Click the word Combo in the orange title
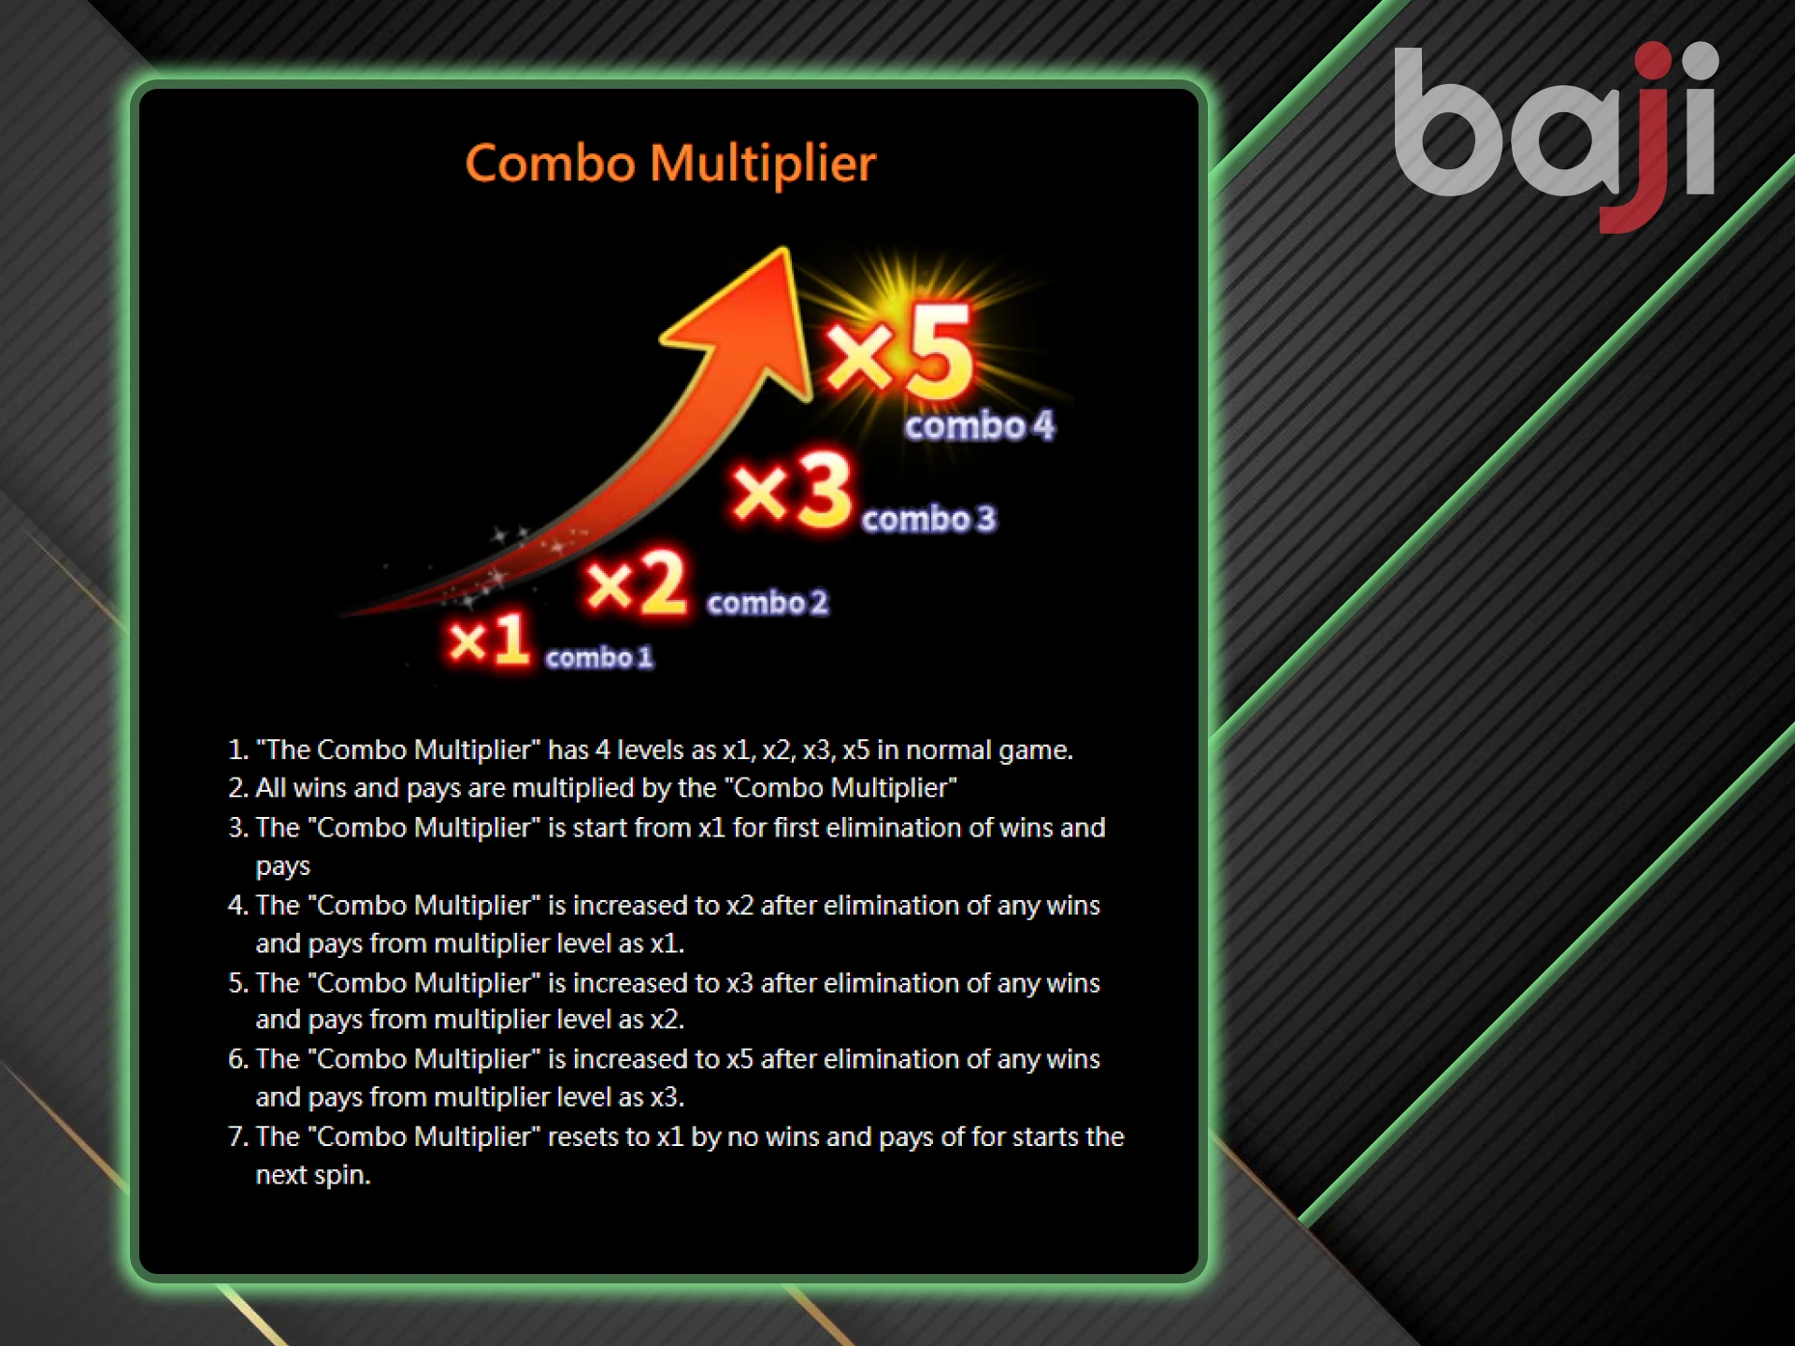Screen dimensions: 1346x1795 tap(551, 164)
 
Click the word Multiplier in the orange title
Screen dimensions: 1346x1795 tap(763, 165)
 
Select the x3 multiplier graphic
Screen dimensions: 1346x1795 tap(793, 491)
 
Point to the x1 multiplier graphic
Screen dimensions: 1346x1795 tap(489, 640)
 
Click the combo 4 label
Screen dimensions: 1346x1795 tap(979, 426)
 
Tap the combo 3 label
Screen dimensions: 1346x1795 tap(928, 519)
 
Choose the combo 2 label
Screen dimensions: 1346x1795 tap(768, 603)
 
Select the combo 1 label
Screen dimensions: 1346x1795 tap(599, 658)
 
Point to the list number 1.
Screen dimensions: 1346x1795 tap(237, 750)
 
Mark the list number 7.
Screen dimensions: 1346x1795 tap(237, 1137)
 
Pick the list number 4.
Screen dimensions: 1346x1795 tap(237, 905)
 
